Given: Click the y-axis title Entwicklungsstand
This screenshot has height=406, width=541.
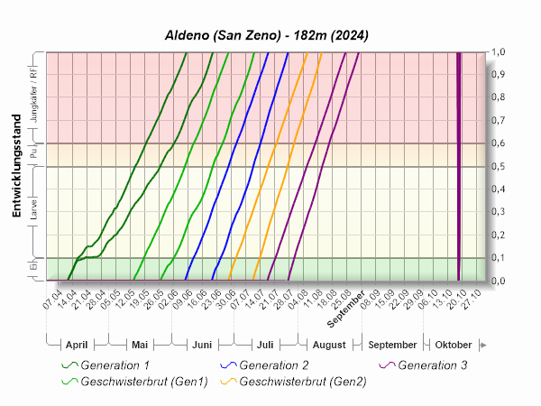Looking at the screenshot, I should (17, 166).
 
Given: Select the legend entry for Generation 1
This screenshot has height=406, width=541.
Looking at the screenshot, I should (115, 365).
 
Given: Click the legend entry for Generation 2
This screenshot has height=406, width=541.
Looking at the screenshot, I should (275, 365).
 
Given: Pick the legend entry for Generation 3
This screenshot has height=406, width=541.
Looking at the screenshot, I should (433, 365).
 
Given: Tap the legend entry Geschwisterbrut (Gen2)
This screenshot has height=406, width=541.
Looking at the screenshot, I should (303, 382).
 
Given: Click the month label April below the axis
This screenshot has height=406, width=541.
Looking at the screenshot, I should (77, 346).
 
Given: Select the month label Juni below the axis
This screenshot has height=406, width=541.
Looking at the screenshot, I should (201, 346).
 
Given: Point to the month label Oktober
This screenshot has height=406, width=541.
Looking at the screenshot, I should (454, 346).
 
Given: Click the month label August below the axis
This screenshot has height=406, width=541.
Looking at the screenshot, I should (329, 346).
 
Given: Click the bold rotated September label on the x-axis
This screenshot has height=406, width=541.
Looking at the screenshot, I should (346, 308).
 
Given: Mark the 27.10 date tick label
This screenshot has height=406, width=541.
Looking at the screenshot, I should (472, 298).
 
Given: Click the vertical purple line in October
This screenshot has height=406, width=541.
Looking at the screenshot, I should (459, 166).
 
